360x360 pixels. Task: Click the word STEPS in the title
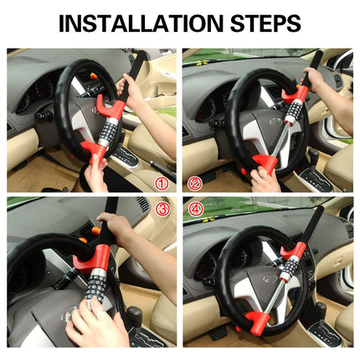click(266, 23)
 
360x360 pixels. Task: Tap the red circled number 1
click(162, 183)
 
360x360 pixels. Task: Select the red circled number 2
click(195, 183)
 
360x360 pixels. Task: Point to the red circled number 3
click(163, 208)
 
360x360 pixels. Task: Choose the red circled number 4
click(196, 208)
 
